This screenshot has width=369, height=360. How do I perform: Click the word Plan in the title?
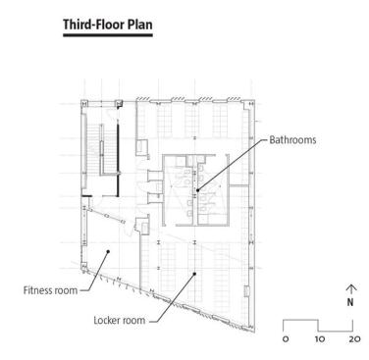(139, 25)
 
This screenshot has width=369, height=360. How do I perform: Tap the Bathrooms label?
(292, 140)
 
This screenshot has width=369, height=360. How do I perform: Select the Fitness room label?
(50, 290)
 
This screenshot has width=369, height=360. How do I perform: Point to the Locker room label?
(120, 320)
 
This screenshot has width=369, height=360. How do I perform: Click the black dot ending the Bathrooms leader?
(197, 189)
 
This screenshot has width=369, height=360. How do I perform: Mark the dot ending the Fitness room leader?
(108, 251)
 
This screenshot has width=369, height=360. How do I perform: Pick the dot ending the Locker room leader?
(195, 274)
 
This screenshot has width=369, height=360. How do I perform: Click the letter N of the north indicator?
(350, 302)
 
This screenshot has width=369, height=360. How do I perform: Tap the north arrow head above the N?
(350, 287)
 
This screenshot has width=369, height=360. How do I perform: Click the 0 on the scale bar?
(286, 339)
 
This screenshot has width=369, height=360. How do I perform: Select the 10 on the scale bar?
(320, 339)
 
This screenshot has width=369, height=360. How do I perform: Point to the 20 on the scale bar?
(354, 339)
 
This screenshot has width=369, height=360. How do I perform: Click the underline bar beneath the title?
(108, 35)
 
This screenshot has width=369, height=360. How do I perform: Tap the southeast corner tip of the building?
(254, 332)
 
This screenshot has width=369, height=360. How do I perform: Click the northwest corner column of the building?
(84, 102)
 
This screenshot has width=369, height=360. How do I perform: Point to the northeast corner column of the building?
(251, 103)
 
